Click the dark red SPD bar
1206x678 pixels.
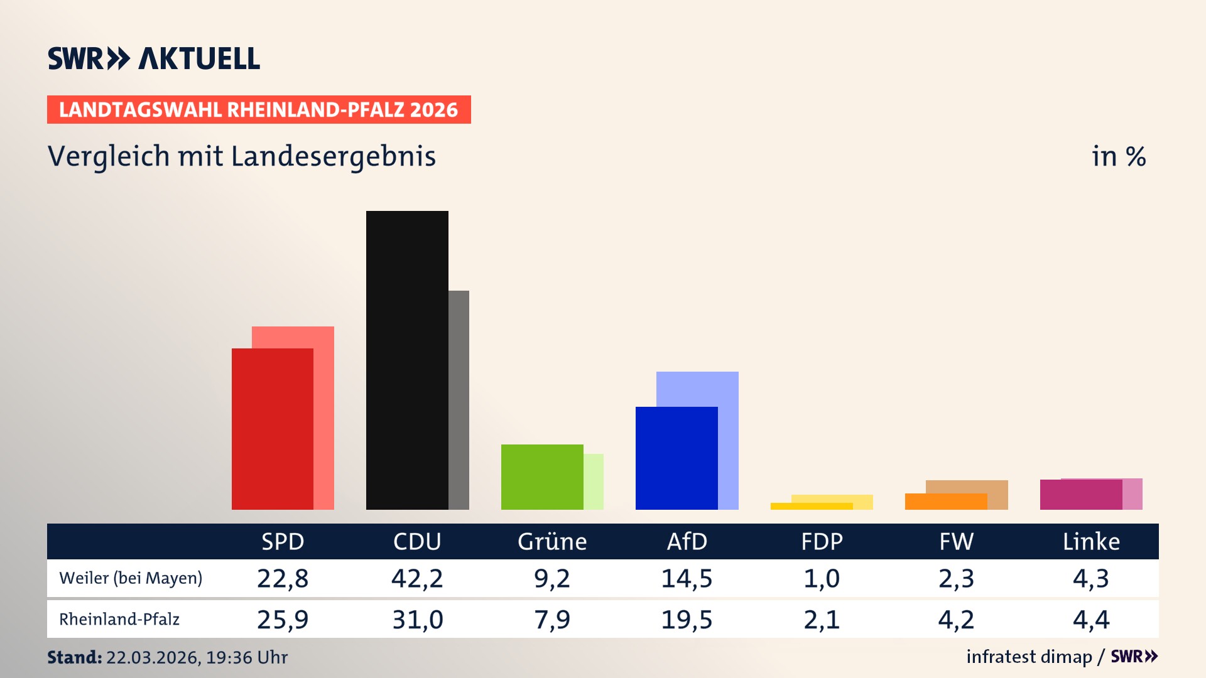coord(272,429)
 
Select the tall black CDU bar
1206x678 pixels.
coord(407,360)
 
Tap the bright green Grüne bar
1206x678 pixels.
coord(541,476)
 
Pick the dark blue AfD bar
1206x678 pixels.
coord(676,458)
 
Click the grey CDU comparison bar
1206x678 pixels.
coord(459,399)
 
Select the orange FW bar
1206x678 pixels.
coord(945,501)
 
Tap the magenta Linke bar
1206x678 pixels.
coord(1080,495)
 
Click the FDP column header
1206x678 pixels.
coord(822,541)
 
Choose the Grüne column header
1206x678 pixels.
coord(552,541)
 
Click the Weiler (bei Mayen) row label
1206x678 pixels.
coord(131,578)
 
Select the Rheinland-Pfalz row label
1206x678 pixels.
coord(119,619)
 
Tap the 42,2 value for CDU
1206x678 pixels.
coord(417,578)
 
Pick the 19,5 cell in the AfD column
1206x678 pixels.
coord(687,620)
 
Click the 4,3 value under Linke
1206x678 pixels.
coord(1091,578)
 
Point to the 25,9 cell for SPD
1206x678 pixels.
coord(283,620)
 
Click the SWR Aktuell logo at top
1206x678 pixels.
coord(153,58)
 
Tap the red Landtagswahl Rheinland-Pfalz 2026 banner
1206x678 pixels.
coord(258,109)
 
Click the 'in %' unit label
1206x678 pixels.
coord(1118,156)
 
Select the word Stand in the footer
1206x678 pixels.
coord(74,657)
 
